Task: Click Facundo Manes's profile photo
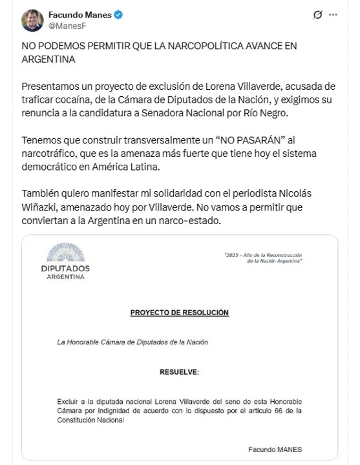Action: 32,20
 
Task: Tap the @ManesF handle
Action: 68,26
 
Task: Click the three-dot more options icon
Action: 332,14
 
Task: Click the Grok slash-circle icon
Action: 317,14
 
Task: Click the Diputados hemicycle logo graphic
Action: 65,253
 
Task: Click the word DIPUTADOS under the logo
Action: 65,268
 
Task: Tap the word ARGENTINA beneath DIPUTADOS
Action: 65,277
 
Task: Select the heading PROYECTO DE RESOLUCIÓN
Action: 180,313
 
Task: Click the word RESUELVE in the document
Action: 180,373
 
